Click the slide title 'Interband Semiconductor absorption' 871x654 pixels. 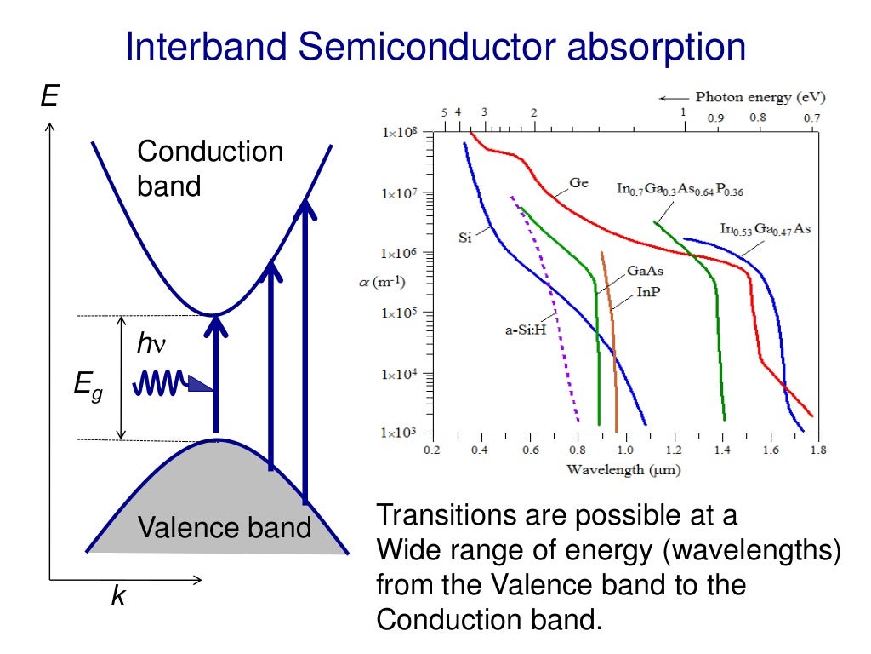click(435, 47)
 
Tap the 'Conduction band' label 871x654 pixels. click(209, 168)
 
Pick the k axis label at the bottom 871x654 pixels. click(118, 598)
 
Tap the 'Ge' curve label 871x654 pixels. click(578, 183)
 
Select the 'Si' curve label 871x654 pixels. click(464, 238)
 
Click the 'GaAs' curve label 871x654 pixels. click(645, 271)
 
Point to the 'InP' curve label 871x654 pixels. click(648, 291)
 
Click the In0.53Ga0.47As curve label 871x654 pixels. click(765, 229)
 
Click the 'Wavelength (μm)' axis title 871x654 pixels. click(623, 469)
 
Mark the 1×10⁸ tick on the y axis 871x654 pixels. click(400, 133)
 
